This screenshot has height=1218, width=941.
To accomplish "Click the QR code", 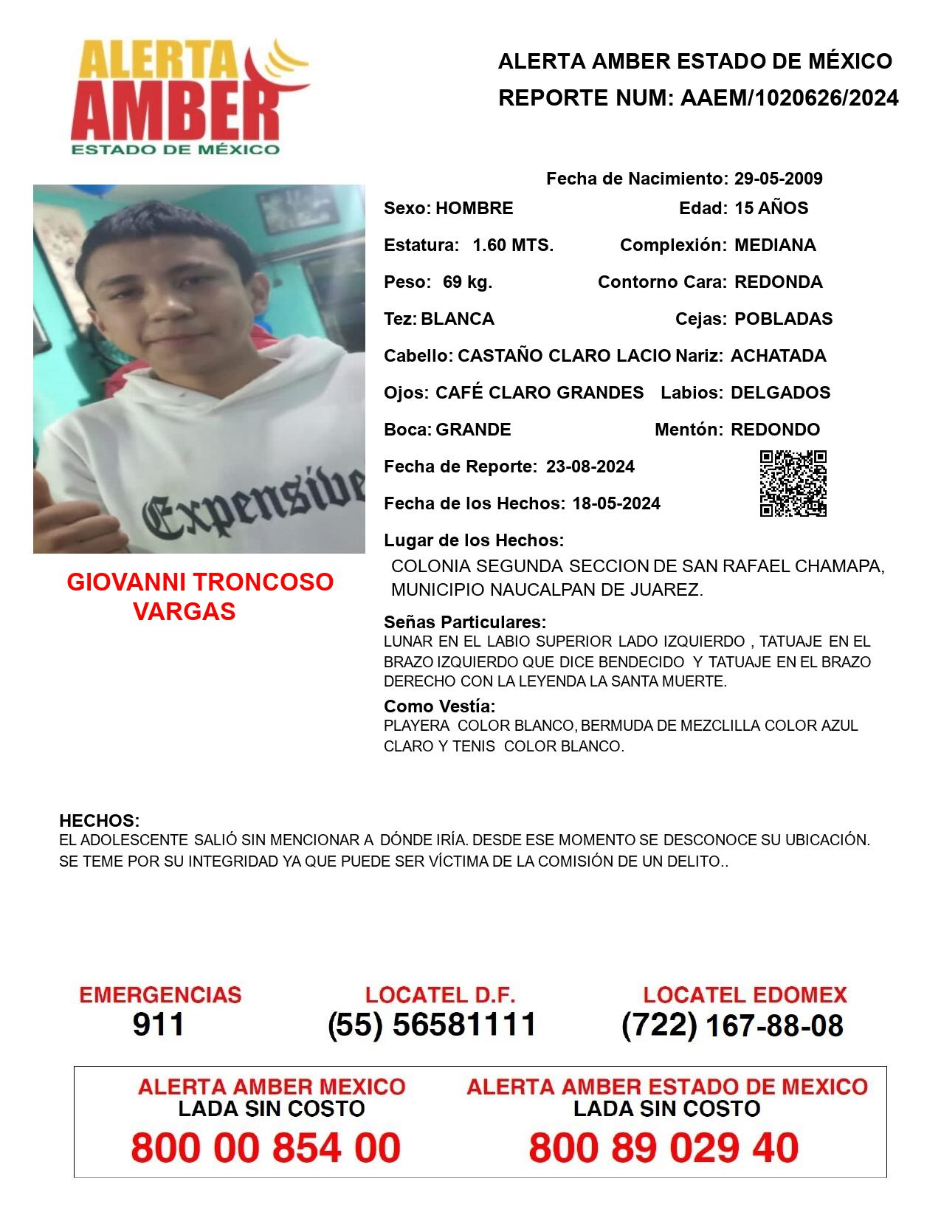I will tap(793, 484).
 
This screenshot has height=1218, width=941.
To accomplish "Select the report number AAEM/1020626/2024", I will tap(789, 98).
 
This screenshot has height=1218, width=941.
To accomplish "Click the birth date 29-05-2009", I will tap(778, 179).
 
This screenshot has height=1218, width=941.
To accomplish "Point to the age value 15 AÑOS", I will tap(771, 208).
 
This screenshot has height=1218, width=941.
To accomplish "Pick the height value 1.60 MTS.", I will tap(513, 245).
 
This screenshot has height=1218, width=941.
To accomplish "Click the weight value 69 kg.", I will tap(467, 282).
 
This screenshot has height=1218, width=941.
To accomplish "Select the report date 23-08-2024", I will tap(590, 467).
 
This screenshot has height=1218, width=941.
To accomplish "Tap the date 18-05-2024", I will tap(616, 503).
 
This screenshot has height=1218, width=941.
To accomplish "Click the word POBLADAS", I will tap(783, 319).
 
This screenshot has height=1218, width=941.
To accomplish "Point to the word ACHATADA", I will tap(778, 356).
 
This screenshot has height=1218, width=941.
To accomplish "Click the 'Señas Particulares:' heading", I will tap(465, 622).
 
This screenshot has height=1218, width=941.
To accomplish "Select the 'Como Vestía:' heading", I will tap(439, 706).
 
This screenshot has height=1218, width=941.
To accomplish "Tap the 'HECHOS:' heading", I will tap(99, 821).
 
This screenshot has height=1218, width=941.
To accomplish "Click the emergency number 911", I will tap(159, 1025).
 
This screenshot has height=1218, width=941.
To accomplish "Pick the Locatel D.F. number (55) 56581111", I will tap(432, 1025).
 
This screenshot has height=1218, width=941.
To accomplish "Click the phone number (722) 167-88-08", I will tap(732, 1025).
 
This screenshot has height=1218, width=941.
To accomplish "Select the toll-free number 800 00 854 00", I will tap(266, 1148).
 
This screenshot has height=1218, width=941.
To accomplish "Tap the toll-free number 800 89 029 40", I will tap(663, 1148).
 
